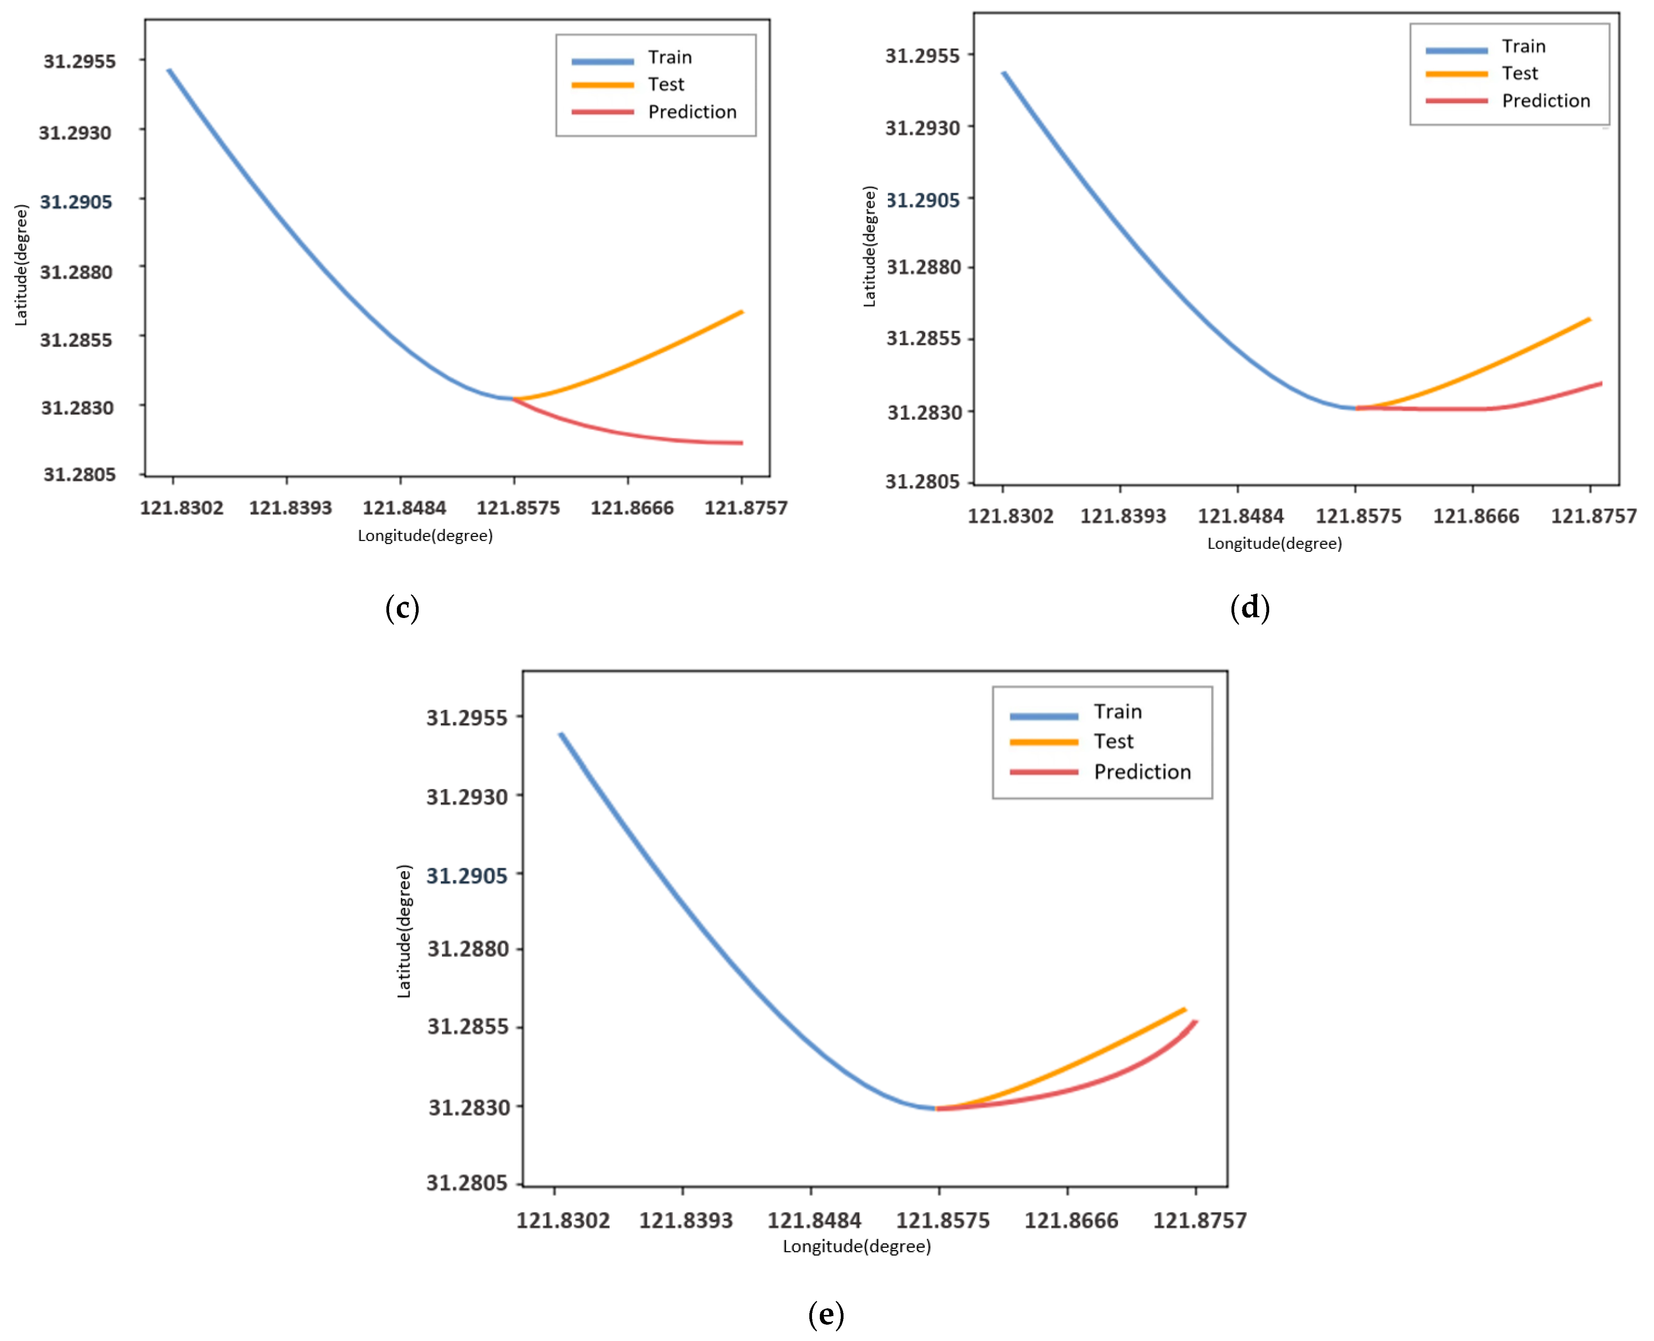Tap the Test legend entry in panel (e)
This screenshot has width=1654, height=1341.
click(x=1113, y=742)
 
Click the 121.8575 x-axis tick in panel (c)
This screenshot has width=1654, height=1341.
click(x=517, y=508)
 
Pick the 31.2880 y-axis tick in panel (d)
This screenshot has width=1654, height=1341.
click(x=924, y=267)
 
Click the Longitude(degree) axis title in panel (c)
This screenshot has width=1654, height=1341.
click(x=425, y=535)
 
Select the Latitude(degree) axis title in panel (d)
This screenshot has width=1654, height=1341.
click(x=870, y=247)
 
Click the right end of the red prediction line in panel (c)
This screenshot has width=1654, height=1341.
click(x=741, y=443)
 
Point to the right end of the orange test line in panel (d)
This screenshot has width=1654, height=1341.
click(x=1589, y=319)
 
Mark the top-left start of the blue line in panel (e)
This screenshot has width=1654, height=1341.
click(x=561, y=734)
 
